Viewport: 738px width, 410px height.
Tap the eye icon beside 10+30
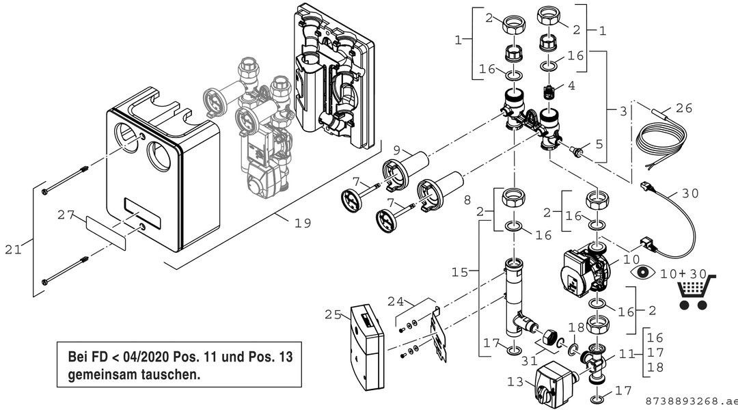(643, 272)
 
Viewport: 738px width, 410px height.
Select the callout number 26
(684, 107)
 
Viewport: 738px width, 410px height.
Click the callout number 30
(691, 193)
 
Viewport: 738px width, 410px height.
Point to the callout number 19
(303, 223)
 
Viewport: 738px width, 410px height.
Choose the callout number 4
(571, 87)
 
